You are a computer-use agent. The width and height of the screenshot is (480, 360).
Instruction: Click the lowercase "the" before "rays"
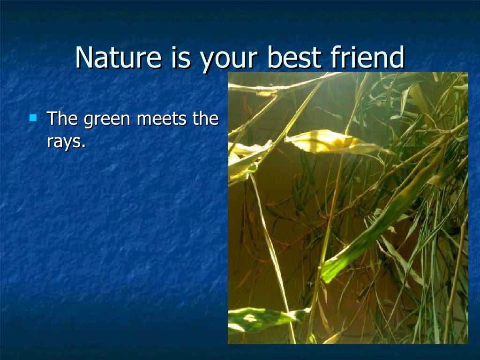click(206, 119)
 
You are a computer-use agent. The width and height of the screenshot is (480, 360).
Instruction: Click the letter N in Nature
click(84, 58)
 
